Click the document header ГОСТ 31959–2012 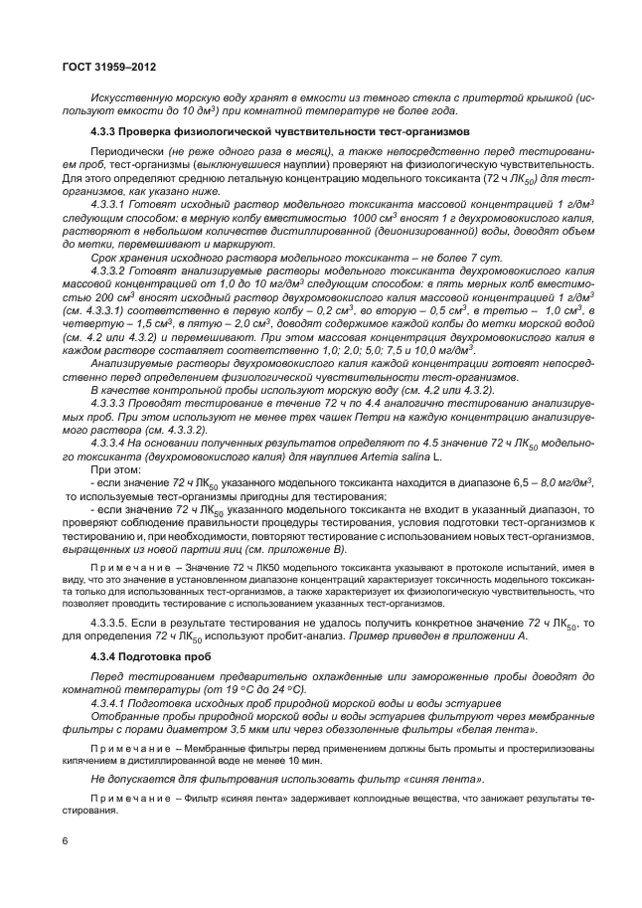106,66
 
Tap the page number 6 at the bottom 65,841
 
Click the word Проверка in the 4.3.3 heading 151,132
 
